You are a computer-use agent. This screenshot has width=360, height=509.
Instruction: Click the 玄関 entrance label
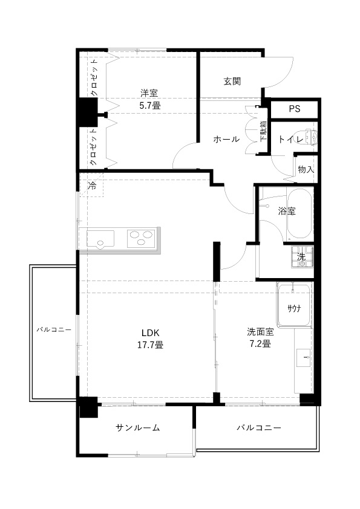point(232,81)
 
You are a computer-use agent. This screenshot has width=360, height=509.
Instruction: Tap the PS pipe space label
point(295,109)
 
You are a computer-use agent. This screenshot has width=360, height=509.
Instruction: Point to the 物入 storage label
point(306,169)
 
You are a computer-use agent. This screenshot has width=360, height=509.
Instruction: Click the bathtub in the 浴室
point(300,213)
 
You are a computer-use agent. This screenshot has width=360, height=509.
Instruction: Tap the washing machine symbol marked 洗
point(302,256)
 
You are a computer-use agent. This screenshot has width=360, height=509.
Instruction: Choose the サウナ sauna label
point(293,308)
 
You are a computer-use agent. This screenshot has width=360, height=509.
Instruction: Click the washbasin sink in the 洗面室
point(304,358)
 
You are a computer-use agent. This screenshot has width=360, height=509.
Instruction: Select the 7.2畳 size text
point(260,343)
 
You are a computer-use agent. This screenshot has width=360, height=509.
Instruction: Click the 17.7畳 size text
point(150,345)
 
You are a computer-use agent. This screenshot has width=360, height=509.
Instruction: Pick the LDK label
point(150,332)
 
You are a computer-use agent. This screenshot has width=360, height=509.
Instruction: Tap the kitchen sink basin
point(100,239)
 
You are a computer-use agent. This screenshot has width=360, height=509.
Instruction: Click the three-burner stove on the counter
point(142,239)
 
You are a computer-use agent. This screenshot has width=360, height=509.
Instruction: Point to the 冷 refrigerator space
point(92,186)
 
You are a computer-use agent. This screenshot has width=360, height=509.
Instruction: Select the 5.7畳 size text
point(150,105)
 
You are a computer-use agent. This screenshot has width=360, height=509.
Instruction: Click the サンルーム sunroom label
point(138,427)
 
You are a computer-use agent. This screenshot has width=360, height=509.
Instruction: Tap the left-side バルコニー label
point(54,329)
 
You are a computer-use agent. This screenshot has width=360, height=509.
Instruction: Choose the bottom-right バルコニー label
point(258,427)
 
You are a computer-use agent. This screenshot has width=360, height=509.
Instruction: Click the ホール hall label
point(226,139)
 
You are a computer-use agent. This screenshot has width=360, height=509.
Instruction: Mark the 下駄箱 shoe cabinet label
point(263,131)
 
